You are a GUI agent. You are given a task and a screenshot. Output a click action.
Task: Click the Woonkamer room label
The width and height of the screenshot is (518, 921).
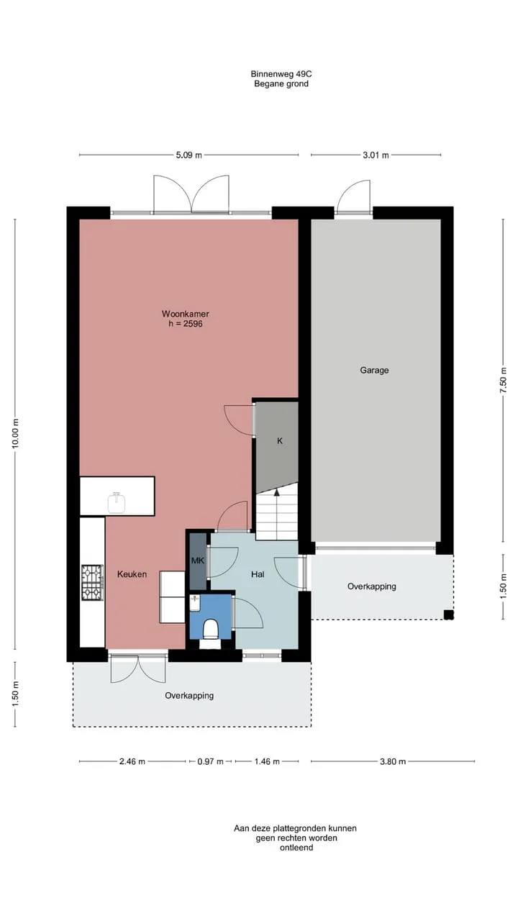coord(185,314)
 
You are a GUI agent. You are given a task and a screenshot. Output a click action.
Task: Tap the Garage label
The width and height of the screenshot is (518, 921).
coord(374,370)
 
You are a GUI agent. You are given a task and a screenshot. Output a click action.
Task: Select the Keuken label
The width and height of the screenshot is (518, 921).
coord(132,574)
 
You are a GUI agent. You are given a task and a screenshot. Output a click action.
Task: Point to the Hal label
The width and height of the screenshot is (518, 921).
coord(258,574)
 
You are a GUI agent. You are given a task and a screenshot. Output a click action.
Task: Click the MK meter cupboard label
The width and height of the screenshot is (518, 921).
coord(198,560)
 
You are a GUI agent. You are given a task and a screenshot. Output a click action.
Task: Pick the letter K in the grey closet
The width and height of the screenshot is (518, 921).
coord(280,441)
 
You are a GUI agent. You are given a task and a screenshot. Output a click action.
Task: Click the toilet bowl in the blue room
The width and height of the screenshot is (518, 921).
coord(211,629)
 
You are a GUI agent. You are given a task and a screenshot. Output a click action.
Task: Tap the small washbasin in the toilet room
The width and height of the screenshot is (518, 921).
coord(195,603)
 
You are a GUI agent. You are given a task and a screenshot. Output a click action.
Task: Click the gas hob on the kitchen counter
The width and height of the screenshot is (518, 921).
coord(92,583)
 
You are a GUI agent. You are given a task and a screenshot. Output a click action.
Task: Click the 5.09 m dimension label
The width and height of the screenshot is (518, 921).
coord(189,155)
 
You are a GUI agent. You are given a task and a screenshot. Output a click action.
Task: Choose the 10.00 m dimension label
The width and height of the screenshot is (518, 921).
coord(15,434)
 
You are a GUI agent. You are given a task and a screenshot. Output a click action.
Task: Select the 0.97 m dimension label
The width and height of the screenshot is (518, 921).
coord(210,761)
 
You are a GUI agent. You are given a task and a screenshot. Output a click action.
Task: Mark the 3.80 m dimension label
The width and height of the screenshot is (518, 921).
coord(393,761)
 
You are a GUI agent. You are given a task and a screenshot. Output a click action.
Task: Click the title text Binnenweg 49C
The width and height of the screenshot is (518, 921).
coord(281,74)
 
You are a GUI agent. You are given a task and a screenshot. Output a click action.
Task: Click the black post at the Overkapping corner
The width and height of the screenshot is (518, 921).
coord(448,614)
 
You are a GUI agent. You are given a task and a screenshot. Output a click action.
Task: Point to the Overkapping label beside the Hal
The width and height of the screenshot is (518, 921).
coord(372,586)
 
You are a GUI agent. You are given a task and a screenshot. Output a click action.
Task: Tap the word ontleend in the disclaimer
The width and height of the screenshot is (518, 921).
coord(296,848)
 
